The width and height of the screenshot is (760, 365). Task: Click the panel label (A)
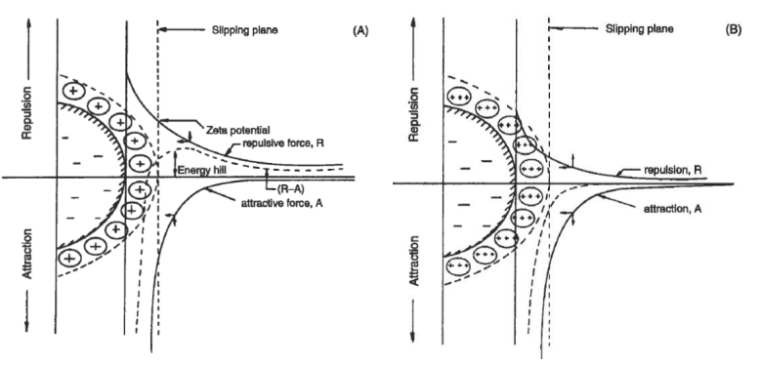359,30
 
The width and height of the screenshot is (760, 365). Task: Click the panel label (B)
733,29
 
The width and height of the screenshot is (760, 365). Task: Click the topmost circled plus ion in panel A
73,91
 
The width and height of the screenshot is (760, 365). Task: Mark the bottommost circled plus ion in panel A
71,258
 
